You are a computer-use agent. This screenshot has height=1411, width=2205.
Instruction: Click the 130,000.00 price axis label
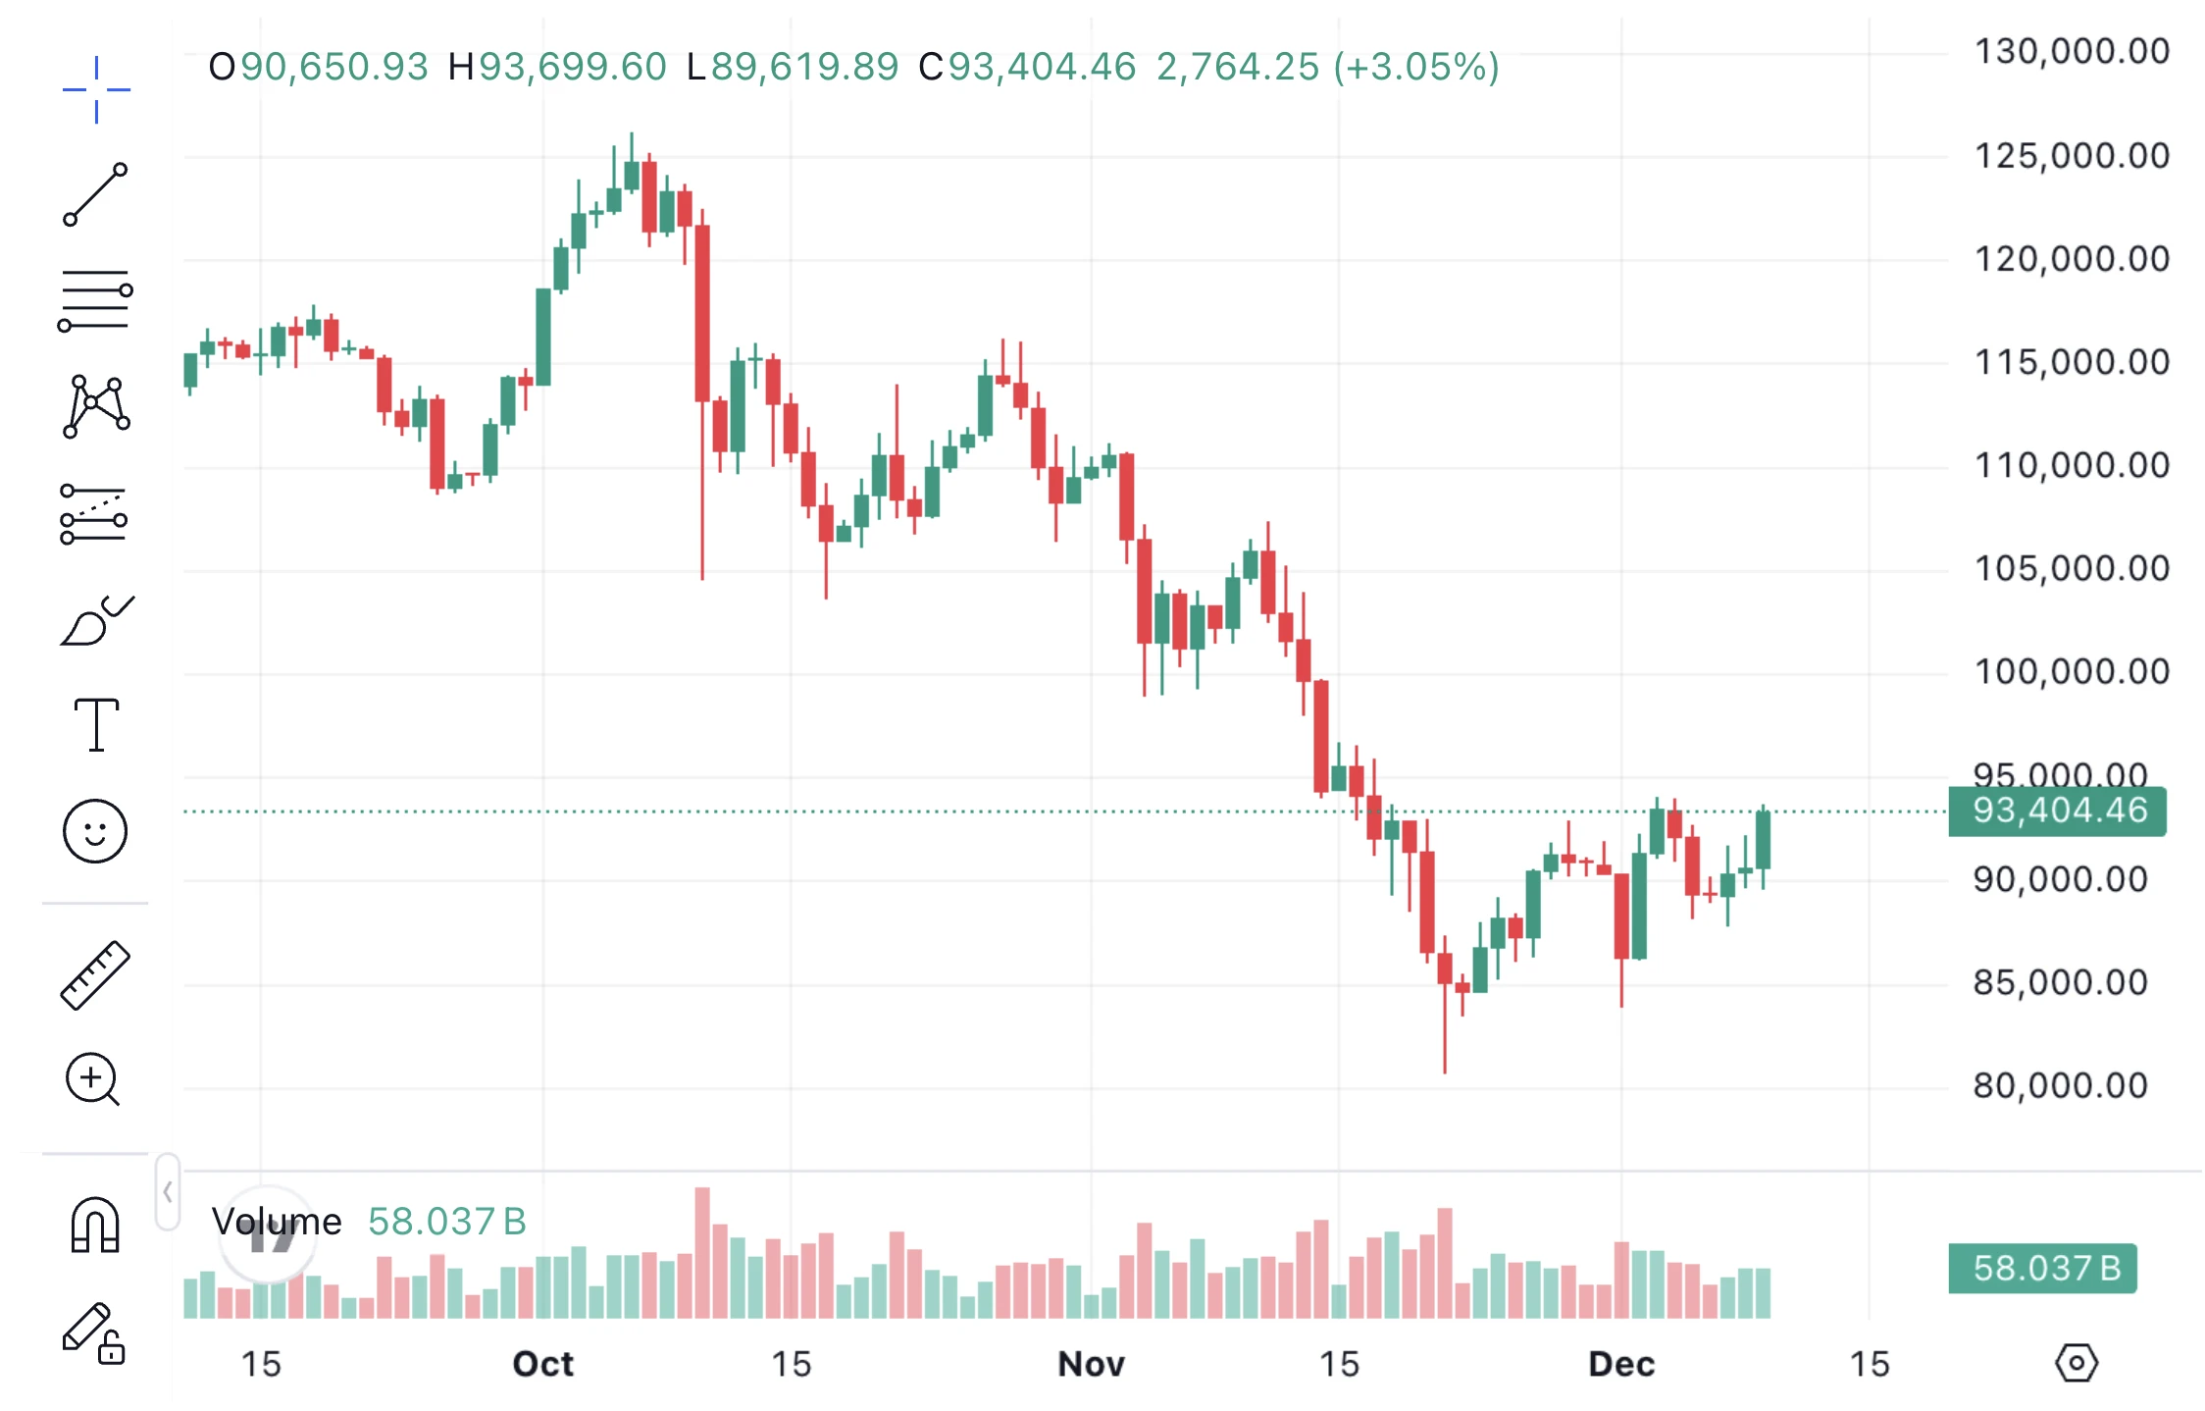tap(2071, 51)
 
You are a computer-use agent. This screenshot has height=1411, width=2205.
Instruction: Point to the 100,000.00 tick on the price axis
tap(2071, 672)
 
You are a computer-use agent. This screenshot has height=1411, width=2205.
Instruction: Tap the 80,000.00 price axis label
tap(2060, 1086)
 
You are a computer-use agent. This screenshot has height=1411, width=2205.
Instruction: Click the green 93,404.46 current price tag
tap(2058, 810)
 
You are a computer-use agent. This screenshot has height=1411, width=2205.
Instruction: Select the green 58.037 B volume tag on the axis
tap(2043, 1268)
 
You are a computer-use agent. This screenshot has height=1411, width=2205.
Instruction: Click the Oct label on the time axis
tap(542, 1364)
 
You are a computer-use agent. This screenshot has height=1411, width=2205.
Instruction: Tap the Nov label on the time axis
tap(1091, 1364)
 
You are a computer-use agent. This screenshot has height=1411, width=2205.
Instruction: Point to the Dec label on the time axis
tap(1620, 1364)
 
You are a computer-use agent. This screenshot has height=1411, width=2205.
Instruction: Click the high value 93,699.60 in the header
tap(572, 67)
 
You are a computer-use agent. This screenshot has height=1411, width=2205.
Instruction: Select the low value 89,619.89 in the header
tap(804, 67)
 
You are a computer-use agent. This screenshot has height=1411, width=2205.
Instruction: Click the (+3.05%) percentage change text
tap(1416, 67)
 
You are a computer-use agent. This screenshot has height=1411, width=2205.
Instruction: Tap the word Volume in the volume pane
tap(277, 1222)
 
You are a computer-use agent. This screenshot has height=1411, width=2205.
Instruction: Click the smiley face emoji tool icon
tap(95, 831)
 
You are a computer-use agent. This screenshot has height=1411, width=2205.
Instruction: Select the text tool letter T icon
tap(96, 725)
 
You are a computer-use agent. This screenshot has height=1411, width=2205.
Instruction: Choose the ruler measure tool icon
tap(95, 974)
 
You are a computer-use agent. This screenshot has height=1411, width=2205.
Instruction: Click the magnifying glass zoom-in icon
tap(92, 1079)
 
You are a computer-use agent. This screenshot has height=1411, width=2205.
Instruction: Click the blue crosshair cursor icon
tap(96, 89)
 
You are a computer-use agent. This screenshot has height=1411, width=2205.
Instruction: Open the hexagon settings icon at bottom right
tap(2076, 1363)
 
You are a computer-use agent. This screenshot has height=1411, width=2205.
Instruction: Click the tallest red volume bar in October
tap(702, 1252)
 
